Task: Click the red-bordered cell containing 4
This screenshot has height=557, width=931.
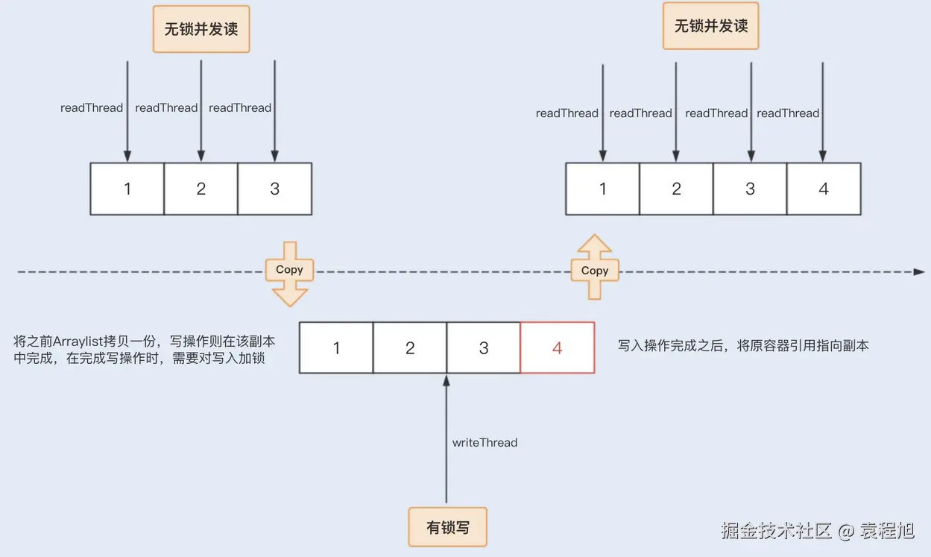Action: point(557,347)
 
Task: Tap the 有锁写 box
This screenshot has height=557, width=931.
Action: point(448,526)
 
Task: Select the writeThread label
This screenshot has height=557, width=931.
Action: point(485,443)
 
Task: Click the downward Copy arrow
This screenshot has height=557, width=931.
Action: point(289,273)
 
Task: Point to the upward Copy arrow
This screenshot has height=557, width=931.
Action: point(594,267)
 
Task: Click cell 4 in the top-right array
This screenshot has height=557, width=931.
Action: point(824,189)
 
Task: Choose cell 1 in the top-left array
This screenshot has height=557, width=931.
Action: point(127,189)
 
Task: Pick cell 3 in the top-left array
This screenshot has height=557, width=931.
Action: point(274,189)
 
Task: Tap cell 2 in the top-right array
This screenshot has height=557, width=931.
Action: point(676,189)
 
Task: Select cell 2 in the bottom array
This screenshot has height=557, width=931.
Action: point(410,347)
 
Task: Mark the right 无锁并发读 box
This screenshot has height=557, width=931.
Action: point(710,27)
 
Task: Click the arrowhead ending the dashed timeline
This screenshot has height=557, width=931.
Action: point(919,272)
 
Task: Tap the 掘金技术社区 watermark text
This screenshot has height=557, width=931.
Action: point(775,531)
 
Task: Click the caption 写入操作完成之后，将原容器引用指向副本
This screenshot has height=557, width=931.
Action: point(743,346)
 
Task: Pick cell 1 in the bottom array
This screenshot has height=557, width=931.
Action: point(336,347)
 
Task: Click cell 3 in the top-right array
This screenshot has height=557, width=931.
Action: point(750,189)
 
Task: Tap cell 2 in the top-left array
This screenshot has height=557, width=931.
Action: point(201,189)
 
